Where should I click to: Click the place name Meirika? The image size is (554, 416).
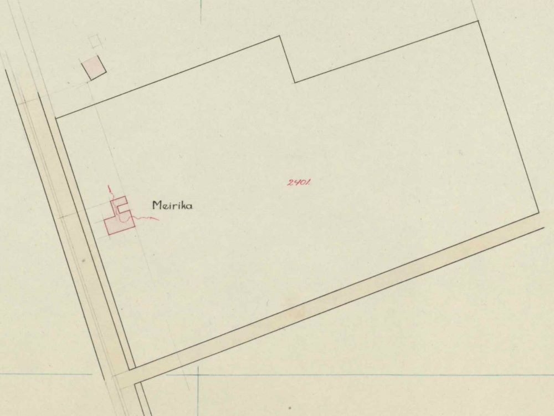coord(172,206)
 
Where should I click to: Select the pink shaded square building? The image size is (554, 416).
coord(93,69)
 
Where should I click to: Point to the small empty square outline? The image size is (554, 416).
coord(95,41)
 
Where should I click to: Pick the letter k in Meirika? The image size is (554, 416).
coord(182,206)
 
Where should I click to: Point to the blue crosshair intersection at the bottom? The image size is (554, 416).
coord(198,375)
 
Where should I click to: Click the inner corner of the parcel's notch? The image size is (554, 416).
coord(294,82)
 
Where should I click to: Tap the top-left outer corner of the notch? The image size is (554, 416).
coord(279,37)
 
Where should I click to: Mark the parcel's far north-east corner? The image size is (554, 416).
coord(478,21)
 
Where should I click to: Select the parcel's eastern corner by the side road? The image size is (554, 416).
coord(538,213)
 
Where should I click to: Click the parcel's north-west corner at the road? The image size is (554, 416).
coord(57,118)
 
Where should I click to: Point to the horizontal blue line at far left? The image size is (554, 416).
coord(44,374)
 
